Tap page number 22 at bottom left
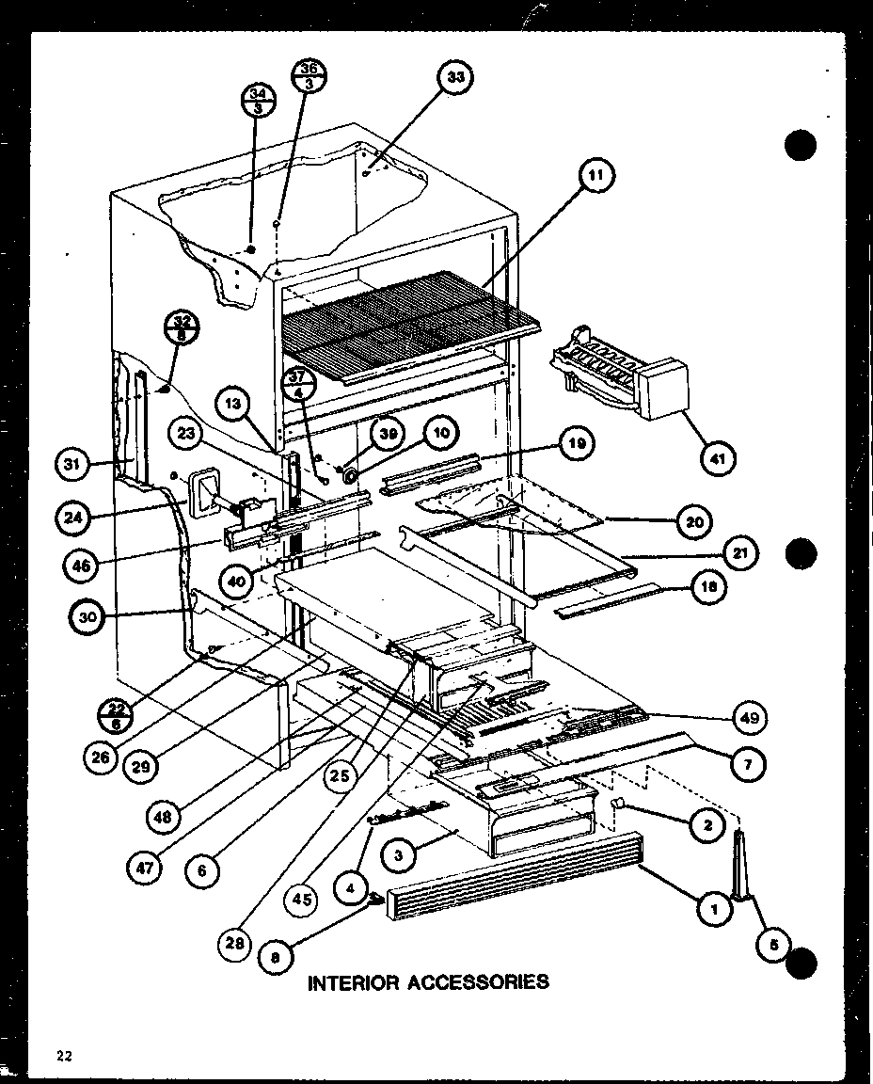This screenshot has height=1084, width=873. pos(65,1056)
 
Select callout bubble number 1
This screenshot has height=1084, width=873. pos(716,909)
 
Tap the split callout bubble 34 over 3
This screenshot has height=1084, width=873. pos(257,100)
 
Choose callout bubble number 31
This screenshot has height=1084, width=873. pos(73,464)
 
